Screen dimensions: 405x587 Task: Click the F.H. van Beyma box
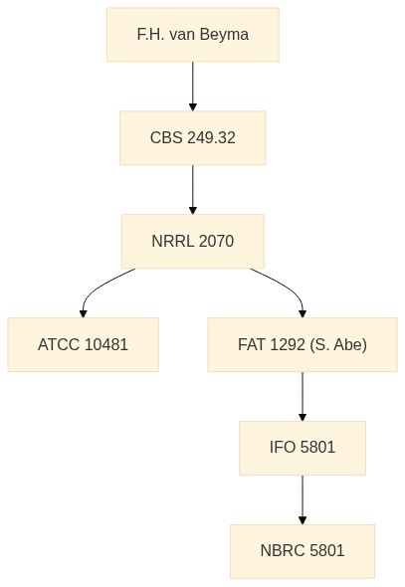[193, 35]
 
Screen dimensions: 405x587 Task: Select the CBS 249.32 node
[193, 137]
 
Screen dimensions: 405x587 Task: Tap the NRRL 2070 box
[193, 241]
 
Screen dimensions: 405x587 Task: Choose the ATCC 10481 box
[84, 344]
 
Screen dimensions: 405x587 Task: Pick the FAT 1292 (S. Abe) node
[303, 344]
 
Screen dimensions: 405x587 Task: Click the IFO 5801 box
[303, 448]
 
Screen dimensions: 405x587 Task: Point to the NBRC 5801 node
[303, 551]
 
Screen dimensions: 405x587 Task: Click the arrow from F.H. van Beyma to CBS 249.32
[193, 87]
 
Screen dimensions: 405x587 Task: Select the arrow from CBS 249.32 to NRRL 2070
[193, 189]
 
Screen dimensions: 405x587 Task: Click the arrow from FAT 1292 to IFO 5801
[303, 396]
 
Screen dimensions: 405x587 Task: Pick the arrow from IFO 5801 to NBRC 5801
[303, 499]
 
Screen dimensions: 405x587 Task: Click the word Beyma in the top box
[224, 35]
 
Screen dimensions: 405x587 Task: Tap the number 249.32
[211, 137]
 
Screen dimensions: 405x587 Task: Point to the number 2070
[216, 241]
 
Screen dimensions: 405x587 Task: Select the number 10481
[106, 344]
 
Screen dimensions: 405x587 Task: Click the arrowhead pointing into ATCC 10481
[84, 313]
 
